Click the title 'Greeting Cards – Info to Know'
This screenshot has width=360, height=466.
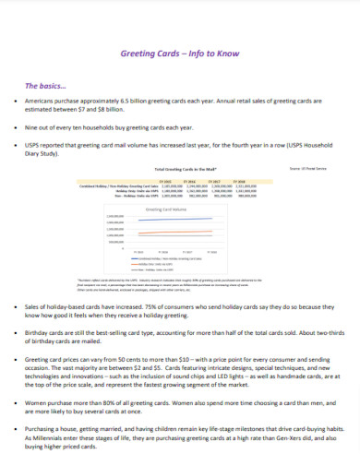click(x=180, y=53)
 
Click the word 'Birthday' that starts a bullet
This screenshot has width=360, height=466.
click(x=39, y=330)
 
